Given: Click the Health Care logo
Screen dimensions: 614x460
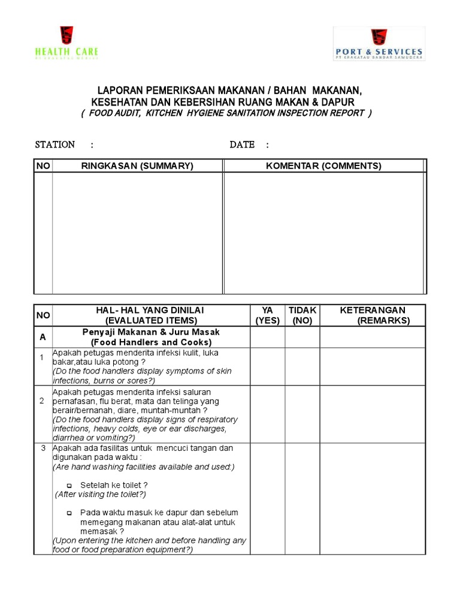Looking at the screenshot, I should [66, 43].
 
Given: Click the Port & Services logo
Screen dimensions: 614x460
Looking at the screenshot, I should [379, 44].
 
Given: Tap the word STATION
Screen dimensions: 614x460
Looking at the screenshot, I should [55, 145].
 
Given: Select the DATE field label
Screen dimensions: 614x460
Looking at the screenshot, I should [242, 145].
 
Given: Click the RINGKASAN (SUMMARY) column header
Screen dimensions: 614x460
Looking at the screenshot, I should [137, 166].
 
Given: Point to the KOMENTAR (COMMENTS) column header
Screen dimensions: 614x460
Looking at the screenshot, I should [323, 166].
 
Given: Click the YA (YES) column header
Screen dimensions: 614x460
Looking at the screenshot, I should [267, 315].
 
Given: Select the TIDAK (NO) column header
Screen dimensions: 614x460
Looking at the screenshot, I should [302, 315].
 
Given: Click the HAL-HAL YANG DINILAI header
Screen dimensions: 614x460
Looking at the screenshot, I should [150, 315].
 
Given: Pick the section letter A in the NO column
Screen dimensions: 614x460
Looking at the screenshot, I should [43, 337].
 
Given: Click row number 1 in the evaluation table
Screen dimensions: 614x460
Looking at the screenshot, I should [42, 358].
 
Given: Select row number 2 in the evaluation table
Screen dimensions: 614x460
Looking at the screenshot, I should [42, 401].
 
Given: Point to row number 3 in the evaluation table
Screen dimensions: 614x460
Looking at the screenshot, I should [42, 448].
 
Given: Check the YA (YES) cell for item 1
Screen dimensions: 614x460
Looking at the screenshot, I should [267, 367].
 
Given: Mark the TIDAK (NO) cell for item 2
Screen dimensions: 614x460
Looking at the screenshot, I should [302, 414].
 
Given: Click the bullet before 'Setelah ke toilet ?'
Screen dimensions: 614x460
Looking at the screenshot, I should [69, 485].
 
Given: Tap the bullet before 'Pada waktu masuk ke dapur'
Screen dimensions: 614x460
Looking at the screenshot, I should [69, 513].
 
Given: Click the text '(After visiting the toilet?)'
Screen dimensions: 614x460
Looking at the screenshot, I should [100, 495].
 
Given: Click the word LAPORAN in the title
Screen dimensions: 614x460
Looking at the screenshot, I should [117, 90].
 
